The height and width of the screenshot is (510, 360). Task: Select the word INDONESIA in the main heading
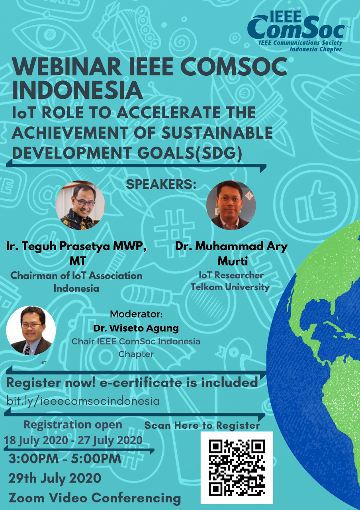(x=77, y=90)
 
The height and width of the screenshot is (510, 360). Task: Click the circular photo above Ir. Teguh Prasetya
(x=80, y=205)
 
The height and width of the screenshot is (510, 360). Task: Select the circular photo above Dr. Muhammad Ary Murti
(x=231, y=205)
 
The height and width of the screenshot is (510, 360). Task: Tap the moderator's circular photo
(x=31, y=330)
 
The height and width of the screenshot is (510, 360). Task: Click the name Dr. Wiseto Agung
(x=136, y=329)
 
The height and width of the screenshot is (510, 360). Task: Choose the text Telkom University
(x=230, y=287)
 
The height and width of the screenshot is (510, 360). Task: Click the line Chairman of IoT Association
(x=76, y=275)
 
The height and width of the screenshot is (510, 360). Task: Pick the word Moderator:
(x=136, y=314)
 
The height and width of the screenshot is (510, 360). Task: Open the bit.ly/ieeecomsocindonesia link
(x=83, y=400)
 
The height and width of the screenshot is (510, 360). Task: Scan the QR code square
(x=237, y=467)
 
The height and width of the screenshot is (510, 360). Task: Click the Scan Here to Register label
(x=202, y=425)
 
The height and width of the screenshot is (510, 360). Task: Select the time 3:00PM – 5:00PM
(x=65, y=459)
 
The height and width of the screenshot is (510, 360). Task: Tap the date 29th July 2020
(x=55, y=478)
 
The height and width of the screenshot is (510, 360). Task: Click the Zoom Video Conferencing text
(x=94, y=498)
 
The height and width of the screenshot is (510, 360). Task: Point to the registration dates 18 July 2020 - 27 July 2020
(x=73, y=440)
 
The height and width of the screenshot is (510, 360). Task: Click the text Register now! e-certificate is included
(x=132, y=383)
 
